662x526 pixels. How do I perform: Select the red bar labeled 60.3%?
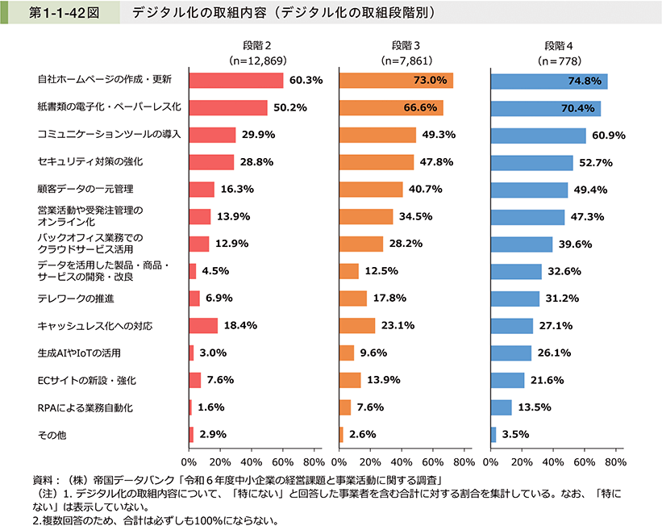[235, 81]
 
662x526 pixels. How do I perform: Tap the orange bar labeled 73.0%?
[396, 81]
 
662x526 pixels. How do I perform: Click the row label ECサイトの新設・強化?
[87, 380]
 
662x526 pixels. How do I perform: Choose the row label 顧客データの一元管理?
[85, 189]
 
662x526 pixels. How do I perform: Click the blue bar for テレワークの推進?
[515, 298]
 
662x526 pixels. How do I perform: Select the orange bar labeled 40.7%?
[371, 190]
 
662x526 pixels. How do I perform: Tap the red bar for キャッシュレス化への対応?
[203, 326]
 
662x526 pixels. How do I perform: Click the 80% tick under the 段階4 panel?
[615, 462]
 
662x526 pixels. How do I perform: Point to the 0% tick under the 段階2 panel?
[189, 462]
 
